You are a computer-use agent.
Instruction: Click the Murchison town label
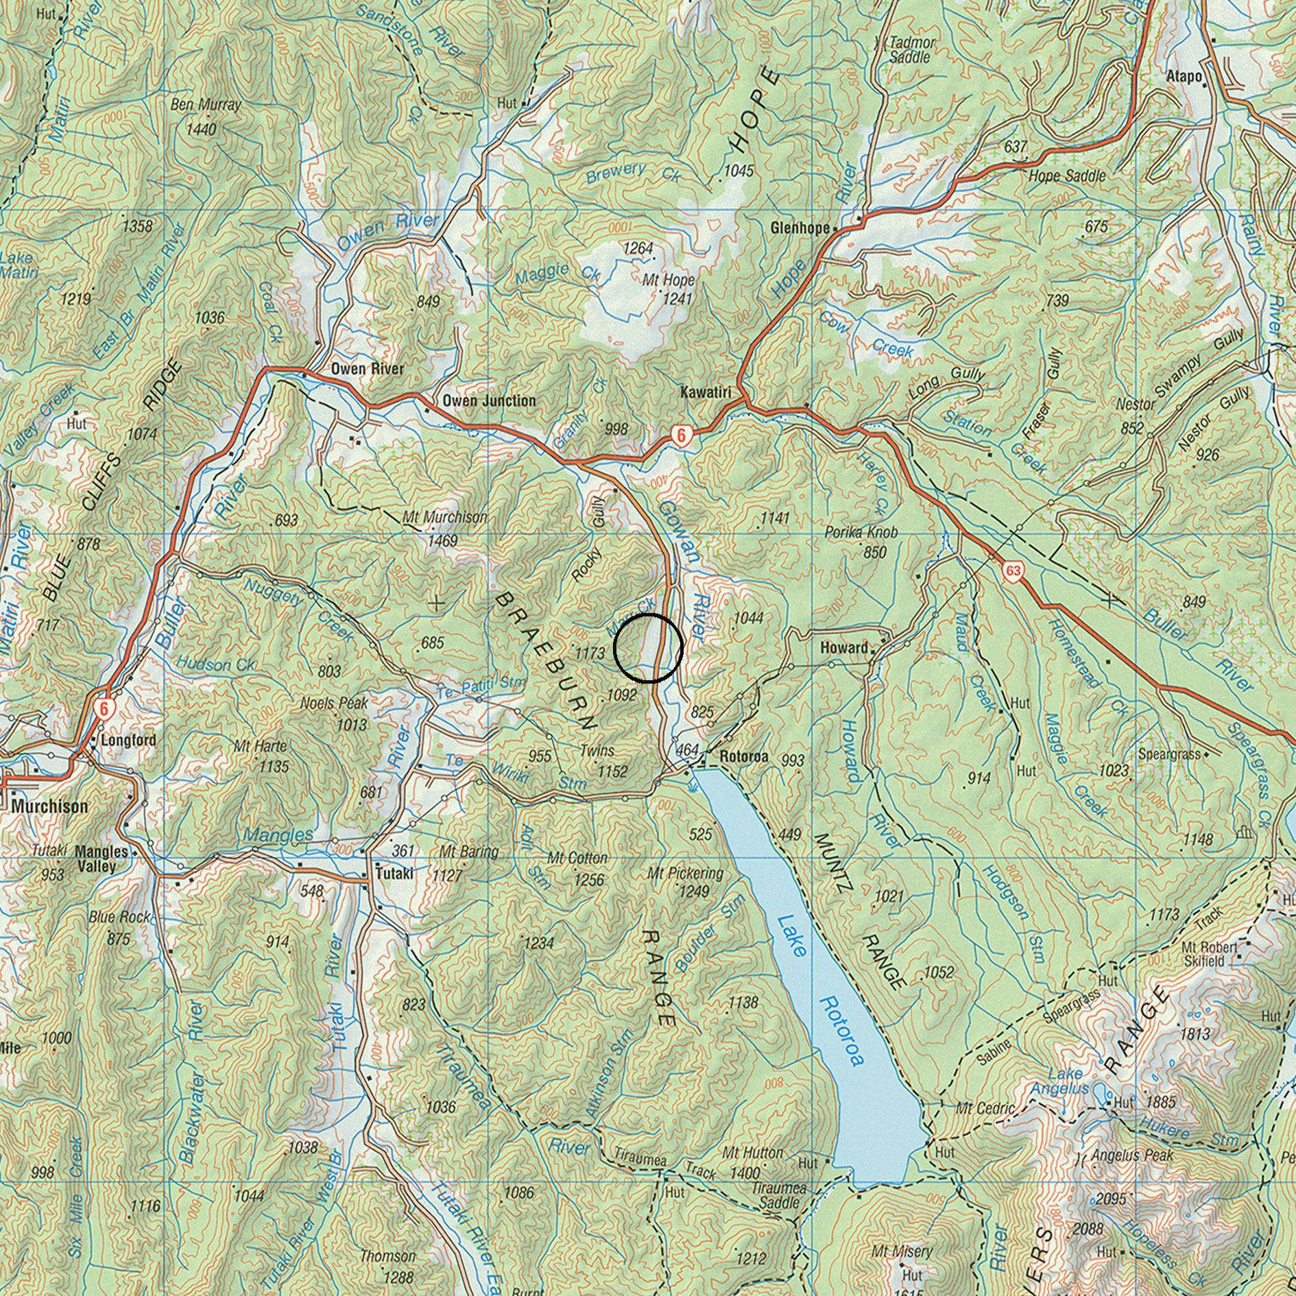49,806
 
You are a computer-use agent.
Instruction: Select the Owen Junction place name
488,400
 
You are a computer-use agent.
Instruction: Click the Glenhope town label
800,228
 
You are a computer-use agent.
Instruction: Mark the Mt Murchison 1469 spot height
442,541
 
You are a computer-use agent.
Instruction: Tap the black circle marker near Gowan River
647,648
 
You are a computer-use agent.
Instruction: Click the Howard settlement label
844,647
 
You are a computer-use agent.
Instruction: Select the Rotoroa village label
744,757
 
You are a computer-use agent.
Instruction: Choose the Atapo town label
1184,77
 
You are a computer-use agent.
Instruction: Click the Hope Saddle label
1067,176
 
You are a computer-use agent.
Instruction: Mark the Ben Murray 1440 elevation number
201,130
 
